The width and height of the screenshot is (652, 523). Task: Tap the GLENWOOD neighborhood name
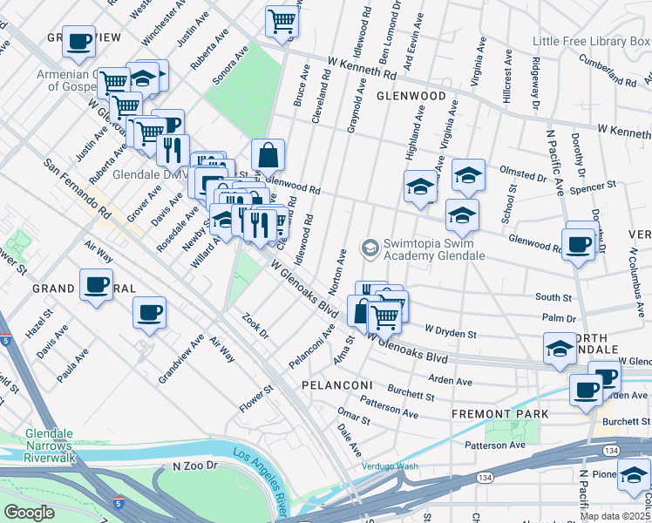411,96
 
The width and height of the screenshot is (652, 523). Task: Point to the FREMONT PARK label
499,413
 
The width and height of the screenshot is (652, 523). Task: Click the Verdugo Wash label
391,466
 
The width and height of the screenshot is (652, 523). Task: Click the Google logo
30,513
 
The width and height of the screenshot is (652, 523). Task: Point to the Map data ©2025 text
615,516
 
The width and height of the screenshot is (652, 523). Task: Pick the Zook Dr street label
258,329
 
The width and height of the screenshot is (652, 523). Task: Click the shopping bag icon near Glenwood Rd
268,155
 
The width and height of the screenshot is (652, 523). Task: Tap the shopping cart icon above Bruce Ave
282,21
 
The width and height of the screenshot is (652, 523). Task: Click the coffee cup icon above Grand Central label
96,284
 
